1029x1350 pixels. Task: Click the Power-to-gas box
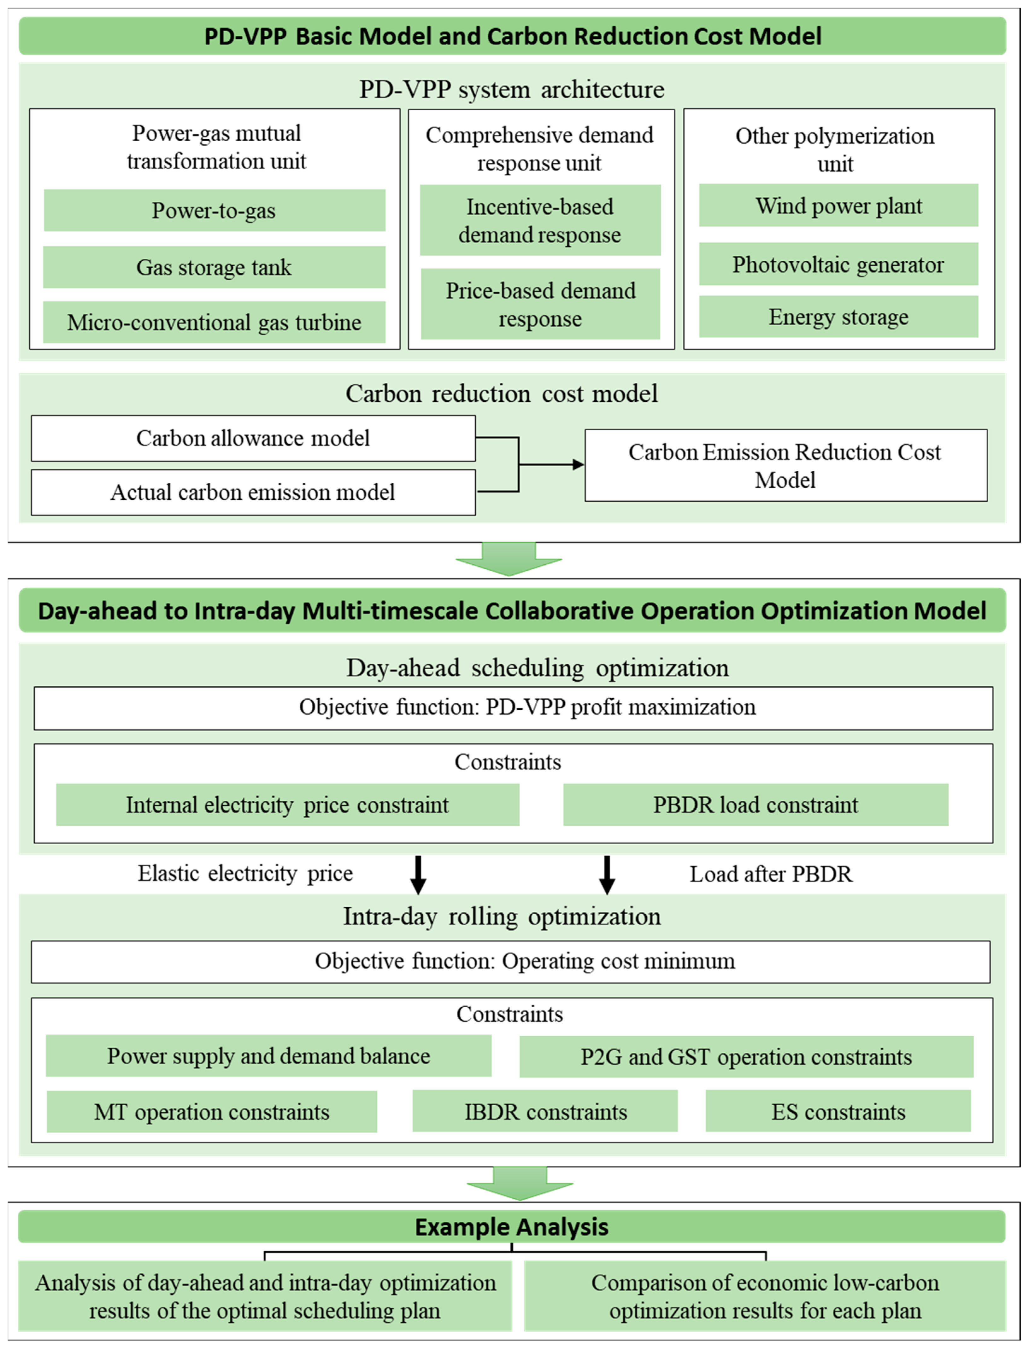click(215, 210)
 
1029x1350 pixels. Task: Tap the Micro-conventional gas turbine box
click(215, 322)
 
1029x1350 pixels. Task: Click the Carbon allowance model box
click(253, 438)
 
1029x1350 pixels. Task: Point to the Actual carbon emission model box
click(253, 492)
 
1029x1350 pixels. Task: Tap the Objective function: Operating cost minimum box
click(511, 961)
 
